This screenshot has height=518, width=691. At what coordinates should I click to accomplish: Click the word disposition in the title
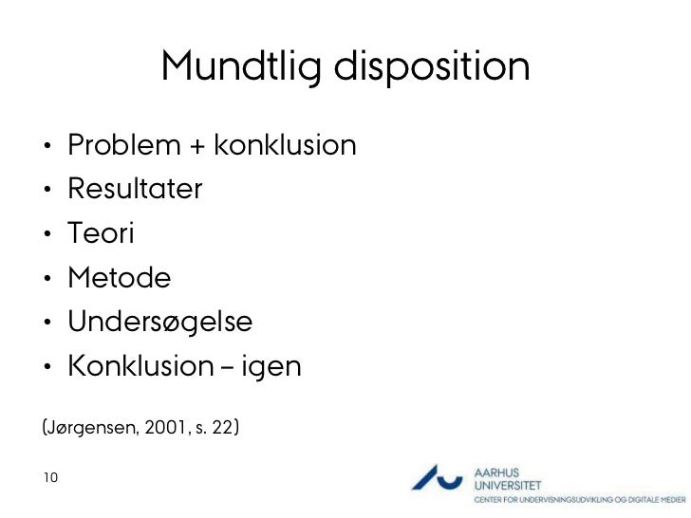coord(435,67)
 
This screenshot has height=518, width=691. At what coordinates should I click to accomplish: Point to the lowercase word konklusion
coord(286,146)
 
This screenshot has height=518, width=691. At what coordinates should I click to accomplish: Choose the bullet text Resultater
coord(134,190)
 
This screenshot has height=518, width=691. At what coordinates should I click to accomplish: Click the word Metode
coord(119,278)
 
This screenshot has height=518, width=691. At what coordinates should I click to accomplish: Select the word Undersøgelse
coord(159,323)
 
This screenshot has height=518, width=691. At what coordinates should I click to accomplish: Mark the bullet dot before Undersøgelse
coord(45,324)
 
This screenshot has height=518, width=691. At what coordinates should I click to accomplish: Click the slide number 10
coord(49,476)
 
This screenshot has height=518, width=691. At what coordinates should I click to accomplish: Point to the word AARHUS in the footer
coord(495,471)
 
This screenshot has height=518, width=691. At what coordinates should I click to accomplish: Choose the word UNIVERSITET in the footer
coord(507,485)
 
